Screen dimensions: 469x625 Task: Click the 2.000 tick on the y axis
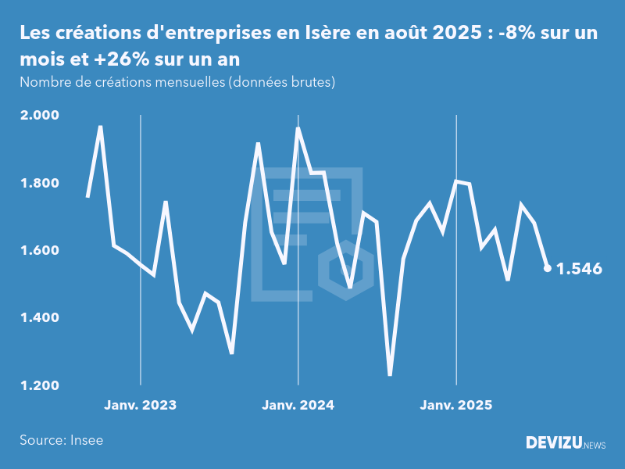39,116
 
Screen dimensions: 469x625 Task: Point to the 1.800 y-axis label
39,183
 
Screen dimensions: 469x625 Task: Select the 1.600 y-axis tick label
39,250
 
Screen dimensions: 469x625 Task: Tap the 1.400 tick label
39,318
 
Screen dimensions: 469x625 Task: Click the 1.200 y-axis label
39,385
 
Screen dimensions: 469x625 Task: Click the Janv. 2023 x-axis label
141,405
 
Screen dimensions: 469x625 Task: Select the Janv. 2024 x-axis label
298,405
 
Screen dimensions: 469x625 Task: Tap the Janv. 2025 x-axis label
456,405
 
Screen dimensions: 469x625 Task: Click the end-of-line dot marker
547,268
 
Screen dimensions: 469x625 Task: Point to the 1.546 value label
579,269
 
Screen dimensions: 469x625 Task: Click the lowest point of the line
390,375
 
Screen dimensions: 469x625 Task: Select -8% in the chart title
516,34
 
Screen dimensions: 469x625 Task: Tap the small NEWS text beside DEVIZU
595,445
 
